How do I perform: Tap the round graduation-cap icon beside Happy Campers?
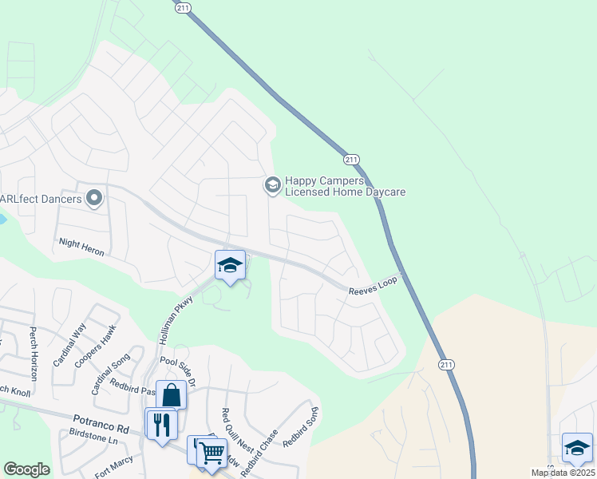click(x=272, y=185)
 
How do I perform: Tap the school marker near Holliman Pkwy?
click(x=230, y=267)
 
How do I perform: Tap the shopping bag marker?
click(x=172, y=395)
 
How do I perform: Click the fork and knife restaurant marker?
click(x=160, y=423)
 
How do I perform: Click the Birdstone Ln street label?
click(x=93, y=439)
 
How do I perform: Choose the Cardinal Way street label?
click(x=69, y=343)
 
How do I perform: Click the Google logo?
click(x=26, y=469)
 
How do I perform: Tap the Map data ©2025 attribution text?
click(x=563, y=473)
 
